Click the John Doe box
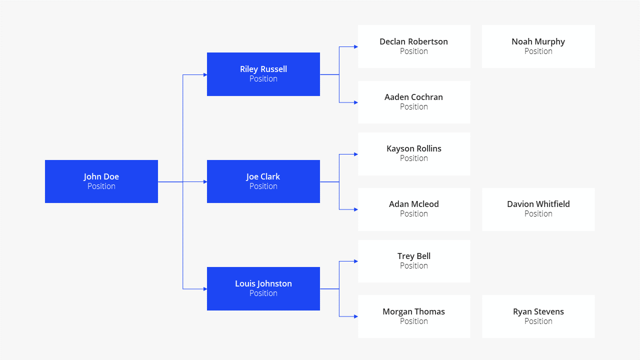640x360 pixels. [101, 181]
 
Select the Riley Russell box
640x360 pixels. [263, 74]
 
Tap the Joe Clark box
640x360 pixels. [263, 181]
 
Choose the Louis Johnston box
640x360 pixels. [263, 288]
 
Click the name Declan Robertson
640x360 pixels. [413, 41]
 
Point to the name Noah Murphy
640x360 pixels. [538, 41]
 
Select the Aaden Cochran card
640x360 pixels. [414, 102]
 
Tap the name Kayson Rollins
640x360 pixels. [413, 148]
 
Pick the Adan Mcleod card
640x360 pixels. [414, 209]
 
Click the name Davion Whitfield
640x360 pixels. [538, 204]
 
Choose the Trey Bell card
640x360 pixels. [414, 261]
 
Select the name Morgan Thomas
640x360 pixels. [413, 311]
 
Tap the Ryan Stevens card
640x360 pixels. [538, 316]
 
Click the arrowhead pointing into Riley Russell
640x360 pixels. [205, 75]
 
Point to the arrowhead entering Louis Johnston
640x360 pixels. [205, 289]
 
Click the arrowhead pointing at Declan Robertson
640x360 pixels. [356, 46]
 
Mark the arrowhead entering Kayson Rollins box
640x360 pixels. [356, 154]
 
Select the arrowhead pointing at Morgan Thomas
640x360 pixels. [356, 316]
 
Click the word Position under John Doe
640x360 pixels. [101, 186]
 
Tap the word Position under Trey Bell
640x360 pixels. [413, 265]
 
